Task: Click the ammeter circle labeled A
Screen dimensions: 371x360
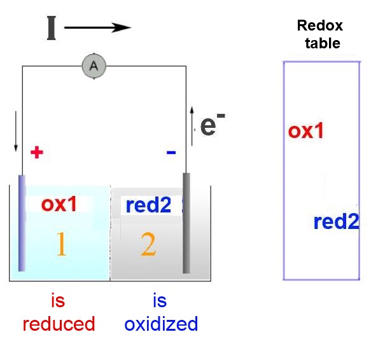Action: click(x=94, y=66)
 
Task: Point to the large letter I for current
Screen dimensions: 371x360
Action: click(x=52, y=28)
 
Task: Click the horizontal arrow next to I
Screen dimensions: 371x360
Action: click(x=98, y=28)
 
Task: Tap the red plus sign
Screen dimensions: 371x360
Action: click(x=37, y=152)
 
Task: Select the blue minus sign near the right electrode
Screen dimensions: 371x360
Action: click(x=171, y=152)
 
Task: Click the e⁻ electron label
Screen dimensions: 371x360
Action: click(x=213, y=124)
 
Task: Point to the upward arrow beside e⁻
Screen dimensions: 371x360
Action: click(x=192, y=126)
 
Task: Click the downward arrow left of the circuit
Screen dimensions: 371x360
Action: click(x=16, y=131)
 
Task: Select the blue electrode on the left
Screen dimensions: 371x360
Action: click(x=22, y=223)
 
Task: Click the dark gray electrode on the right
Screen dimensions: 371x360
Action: click(x=186, y=223)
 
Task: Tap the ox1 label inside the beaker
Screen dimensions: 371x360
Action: click(x=59, y=204)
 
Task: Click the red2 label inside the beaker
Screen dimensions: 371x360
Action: click(x=148, y=205)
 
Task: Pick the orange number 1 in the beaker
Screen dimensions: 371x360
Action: click(x=62, y=244)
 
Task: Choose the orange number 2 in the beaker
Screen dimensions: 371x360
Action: click(x=148, y=244)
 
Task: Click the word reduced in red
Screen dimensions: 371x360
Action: click(x=59, y=324)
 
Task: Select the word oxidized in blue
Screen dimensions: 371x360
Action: click(x=161, y=324)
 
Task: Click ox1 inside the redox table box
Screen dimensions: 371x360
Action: click(x=305, y=130)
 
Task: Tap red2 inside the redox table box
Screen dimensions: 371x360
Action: click(x=336, y=221)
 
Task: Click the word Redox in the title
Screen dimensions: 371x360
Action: click(x=320, y=25)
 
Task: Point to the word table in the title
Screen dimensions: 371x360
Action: click(x=323, y=43)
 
